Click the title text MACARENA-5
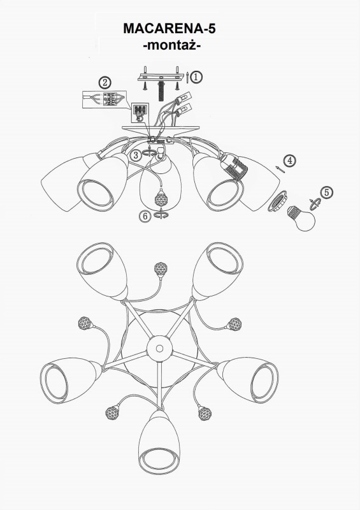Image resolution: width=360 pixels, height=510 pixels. [x=169, y=29]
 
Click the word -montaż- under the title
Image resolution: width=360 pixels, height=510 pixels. [x=171, y=45]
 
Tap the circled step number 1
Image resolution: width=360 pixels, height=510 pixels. [x=196, y=77]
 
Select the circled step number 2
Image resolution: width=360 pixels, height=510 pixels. [x=104, y=83]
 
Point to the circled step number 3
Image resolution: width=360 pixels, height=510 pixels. [x=136, y=155]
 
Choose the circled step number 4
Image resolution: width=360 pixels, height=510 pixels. [x=289, y=161]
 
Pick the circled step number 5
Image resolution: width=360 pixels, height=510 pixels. [x=326, y=193]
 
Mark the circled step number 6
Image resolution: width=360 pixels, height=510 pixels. [x=145, y=216]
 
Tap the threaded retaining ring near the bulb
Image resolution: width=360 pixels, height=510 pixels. [x=277, y=201]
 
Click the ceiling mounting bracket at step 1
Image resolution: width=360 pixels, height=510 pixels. [x=161, y=77]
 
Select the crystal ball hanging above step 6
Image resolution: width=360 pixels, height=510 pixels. [x=161, y=198]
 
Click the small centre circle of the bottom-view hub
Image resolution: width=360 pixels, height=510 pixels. [x=159, y=349]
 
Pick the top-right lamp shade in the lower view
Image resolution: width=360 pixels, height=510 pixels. [x=217, y=269]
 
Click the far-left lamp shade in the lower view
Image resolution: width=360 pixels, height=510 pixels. [x=71, y=380]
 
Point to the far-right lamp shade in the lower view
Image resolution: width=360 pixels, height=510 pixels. [x=248, y=379]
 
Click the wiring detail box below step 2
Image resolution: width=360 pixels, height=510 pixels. [x=104, y=99]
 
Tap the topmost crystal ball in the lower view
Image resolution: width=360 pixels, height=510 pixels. [x=161, y=268]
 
